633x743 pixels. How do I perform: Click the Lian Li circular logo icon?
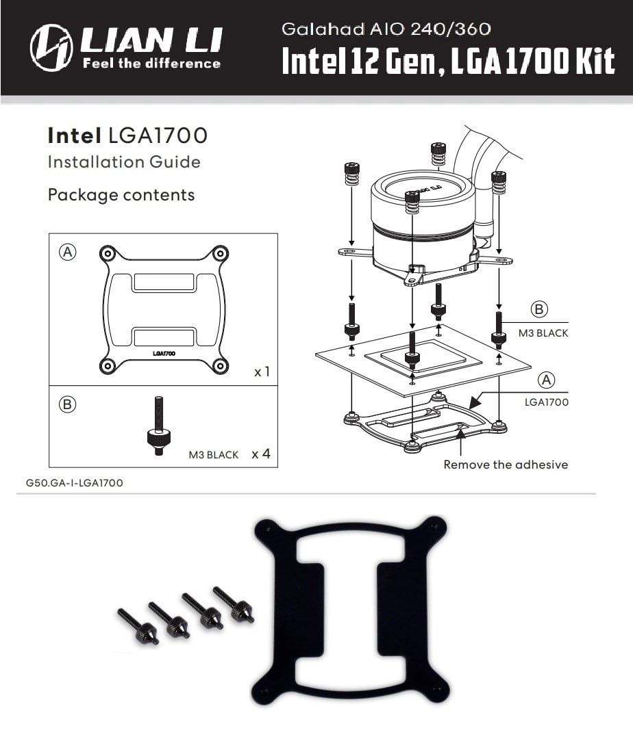click(x=51, y=47)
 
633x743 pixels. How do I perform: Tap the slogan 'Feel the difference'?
click(x=151, y=64)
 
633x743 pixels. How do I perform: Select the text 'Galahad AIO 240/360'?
click(x=386, y=29)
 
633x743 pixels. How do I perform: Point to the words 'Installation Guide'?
click(x=123, y=162)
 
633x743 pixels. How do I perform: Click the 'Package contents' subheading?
click(x=121, y=195)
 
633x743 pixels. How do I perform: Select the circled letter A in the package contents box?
click(x=67, y=252)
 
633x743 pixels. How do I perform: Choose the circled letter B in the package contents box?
click(x=67, y=404)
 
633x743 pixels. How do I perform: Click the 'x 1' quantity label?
click(x=262, y=372)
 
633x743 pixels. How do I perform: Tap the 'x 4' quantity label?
click(x=261, y=454)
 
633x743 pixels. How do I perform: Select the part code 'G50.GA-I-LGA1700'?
click(x=74, y=483)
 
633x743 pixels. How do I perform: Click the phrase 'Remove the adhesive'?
click(x=506, y=465)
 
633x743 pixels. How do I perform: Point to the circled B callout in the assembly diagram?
click(x=539, y=310)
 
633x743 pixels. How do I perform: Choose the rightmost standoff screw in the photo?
click(x=234, y=604)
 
